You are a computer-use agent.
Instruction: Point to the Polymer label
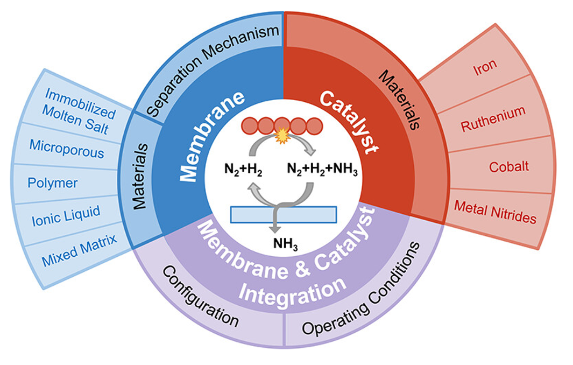53,183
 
